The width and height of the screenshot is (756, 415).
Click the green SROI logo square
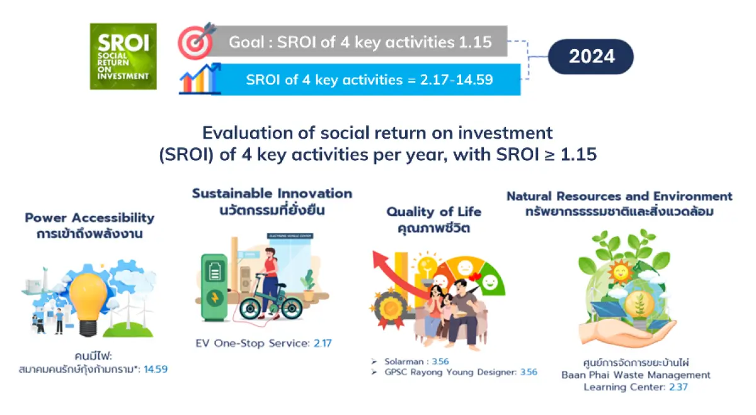[x=123, y=56]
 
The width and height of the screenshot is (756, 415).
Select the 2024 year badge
[x=591, y=57]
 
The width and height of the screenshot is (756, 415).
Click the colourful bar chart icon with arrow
[x=200, y=79]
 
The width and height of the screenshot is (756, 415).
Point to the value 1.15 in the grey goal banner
[x=475, y=42]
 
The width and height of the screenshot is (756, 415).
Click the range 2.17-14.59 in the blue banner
[x=456, y=80]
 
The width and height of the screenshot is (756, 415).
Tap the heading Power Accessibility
[x=89, y=218]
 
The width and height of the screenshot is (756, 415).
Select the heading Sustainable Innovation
[x=272, y=193]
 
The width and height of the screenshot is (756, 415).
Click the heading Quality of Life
[x=434, y=212]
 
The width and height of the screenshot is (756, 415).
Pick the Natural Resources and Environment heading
[x=619, y=196]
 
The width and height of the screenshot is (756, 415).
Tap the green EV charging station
[x=214, y=287]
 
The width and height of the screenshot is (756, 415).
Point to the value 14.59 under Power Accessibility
[x=156, y=369]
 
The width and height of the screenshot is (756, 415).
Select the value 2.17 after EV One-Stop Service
[x=323, y=343]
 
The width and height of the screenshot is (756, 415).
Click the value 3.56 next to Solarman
[x=440, y=361]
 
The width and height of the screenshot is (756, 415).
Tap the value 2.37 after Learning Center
[x=679, y=387]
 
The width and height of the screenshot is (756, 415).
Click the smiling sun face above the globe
[x=621, y=272]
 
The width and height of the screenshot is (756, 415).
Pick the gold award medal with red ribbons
[x=391, y=308]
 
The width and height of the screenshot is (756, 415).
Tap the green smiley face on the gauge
[x=490, y=281]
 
